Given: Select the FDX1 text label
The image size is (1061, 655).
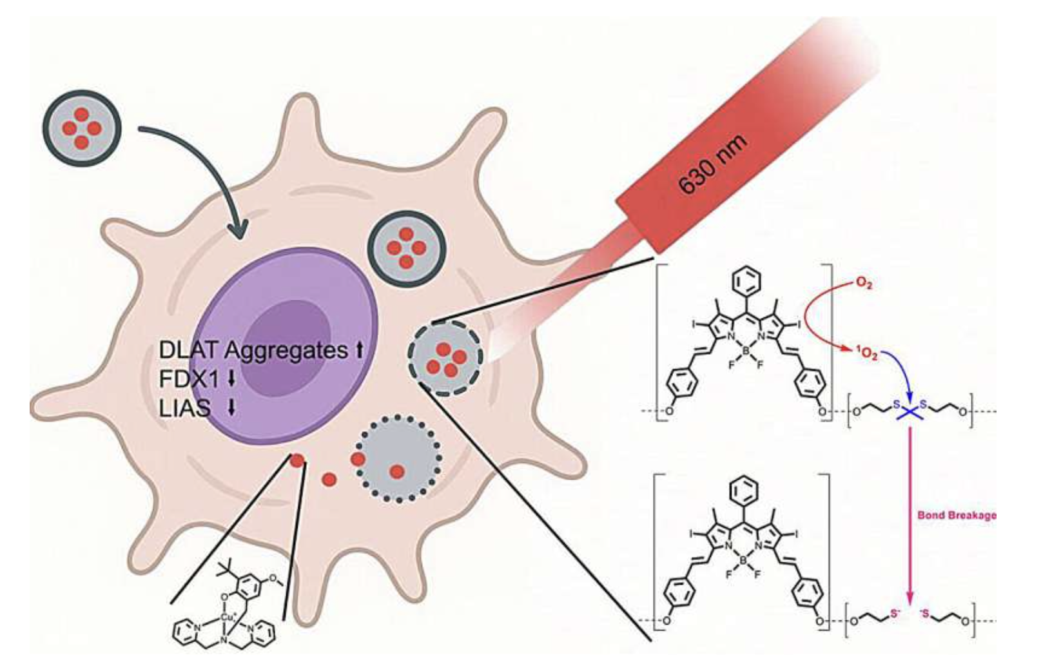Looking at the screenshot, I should point(189,379).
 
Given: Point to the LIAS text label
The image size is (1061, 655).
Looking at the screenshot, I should point(184,407).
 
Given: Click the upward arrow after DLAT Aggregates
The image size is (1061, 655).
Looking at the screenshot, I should point(359,350).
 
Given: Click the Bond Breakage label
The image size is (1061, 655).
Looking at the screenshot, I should point(956,514).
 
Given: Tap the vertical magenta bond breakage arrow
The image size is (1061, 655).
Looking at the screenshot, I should point(910,516).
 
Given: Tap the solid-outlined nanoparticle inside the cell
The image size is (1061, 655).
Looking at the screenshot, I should point(406,248).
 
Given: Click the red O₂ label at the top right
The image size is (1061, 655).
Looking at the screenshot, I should point(862,283).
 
